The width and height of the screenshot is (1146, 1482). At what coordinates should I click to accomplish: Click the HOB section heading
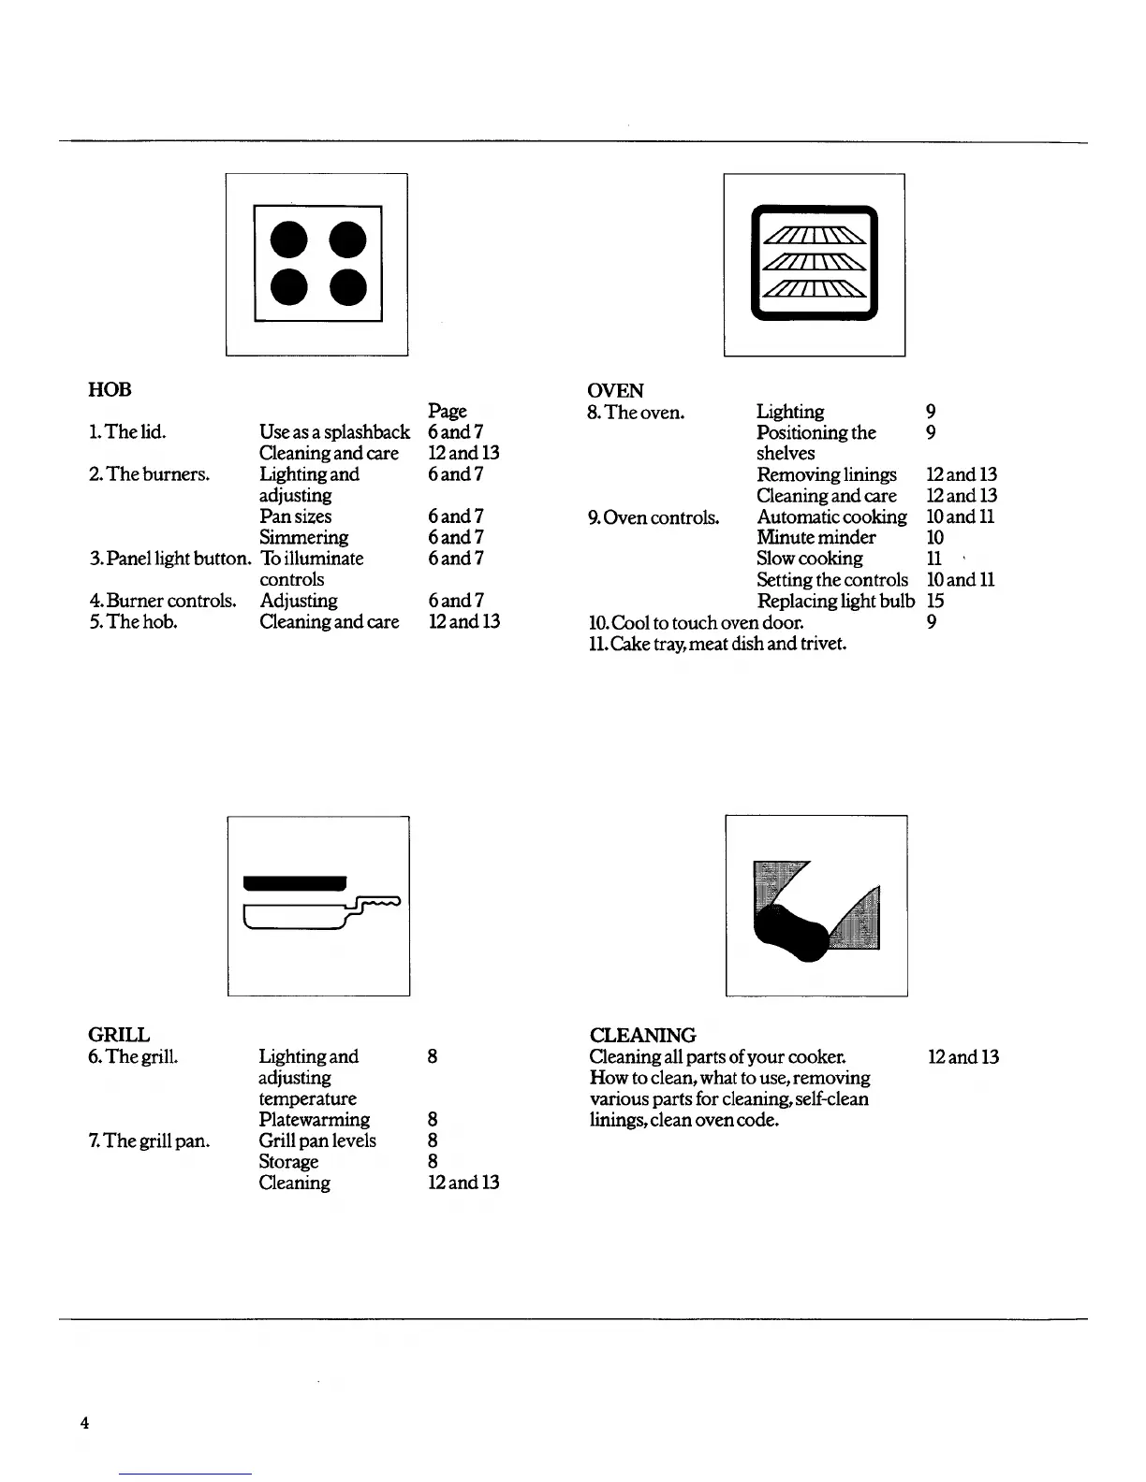(x=110, y=389)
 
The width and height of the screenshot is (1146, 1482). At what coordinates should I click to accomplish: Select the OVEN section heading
(x=615, y=390)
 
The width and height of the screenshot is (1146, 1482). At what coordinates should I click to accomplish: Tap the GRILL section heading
(x=118, y=1035)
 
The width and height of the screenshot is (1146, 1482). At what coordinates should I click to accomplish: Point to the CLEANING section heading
(x=642, y=1035)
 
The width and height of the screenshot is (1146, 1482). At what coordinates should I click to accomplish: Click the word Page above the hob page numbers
(x=447, y=411)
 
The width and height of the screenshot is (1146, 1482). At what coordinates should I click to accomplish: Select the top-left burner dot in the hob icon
(x=288, y=240)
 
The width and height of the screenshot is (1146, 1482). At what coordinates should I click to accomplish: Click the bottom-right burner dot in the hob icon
(x=346, y=287)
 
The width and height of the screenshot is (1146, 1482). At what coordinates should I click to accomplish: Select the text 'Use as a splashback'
(x=334, y=432)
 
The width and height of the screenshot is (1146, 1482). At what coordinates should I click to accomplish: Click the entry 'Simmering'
(x=303, y=537)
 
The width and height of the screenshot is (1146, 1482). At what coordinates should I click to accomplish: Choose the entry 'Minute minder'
(x=815, y=537)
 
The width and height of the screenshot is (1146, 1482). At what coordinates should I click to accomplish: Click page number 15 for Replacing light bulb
(x=934, y=601)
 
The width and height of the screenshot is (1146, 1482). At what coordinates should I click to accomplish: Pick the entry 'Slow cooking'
(x=809, y=559)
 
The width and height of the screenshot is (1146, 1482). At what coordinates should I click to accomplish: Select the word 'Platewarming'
(x=314, y=1120)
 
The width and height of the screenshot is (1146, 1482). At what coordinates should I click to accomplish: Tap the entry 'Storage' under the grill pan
(x=288, y=1162)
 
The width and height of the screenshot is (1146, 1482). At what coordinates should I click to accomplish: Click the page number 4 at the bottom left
(x=84, y=1423)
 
